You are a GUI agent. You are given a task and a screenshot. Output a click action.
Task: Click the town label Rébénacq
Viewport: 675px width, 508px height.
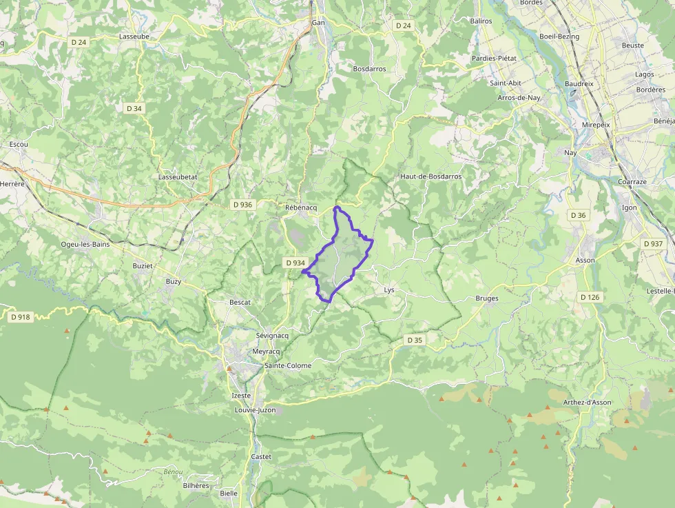300,207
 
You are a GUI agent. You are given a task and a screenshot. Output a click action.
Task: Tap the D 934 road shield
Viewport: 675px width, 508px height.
295,263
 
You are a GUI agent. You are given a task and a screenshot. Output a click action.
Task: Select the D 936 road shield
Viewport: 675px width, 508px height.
242,205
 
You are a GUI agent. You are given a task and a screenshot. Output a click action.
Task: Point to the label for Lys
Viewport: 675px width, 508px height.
389,290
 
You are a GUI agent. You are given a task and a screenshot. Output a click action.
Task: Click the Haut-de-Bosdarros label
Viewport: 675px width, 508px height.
430,176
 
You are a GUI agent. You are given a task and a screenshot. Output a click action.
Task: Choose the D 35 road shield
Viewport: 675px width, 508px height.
414,340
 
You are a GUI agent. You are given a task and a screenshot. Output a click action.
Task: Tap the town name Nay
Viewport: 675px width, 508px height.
570,152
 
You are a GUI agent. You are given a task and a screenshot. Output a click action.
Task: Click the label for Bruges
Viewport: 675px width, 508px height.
487,298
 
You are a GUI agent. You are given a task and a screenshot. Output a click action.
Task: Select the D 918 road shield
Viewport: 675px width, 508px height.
21,317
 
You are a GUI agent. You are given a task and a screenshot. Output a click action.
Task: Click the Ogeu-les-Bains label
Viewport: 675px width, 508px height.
85,244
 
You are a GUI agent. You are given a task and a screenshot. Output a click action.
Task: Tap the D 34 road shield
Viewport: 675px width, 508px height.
134,108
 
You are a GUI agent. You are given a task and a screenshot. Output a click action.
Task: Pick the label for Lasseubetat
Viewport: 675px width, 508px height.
178,176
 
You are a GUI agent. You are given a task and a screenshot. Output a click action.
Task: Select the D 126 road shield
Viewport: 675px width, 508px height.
590,297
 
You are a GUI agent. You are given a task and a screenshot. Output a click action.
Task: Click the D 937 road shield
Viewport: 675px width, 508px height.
652,244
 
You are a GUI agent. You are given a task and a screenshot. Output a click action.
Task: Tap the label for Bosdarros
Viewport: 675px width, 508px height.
369,69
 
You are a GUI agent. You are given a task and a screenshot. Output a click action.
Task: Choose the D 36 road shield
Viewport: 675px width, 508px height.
578,216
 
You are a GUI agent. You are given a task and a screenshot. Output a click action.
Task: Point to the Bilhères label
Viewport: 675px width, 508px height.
196,485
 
